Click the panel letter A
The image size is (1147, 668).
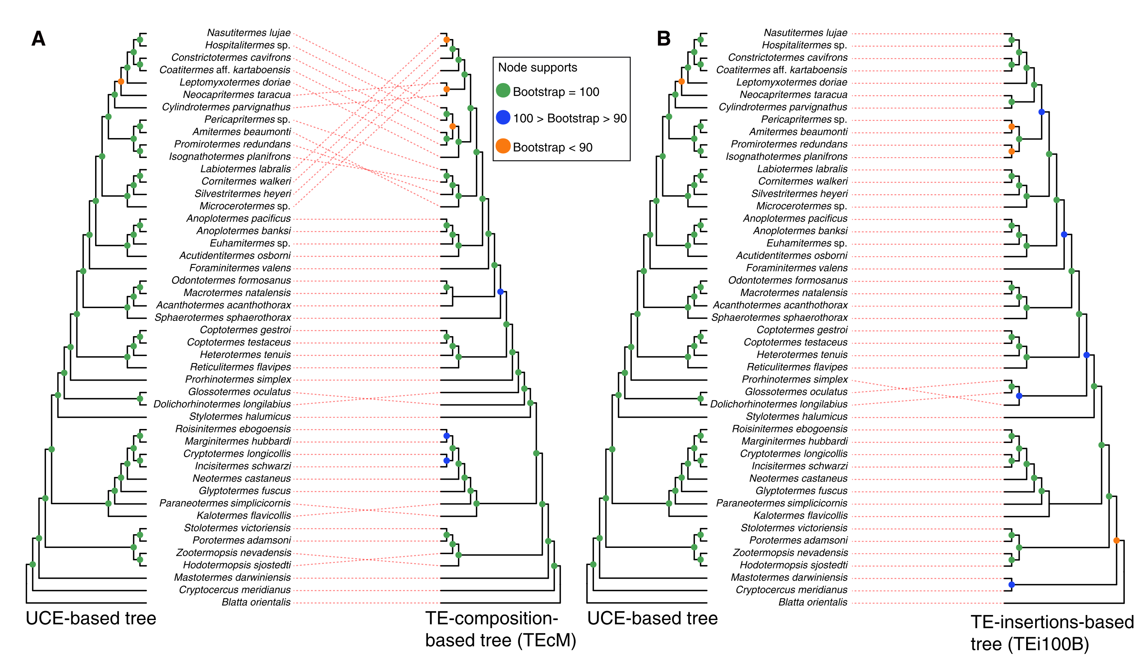click(x=38, y=39)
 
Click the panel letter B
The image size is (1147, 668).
click(x=663, y=39)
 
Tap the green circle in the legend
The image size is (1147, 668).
click(x=502, y=90)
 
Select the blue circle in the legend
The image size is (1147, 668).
click(x=502, y=117)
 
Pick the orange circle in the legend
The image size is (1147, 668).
click(x=502, y=146)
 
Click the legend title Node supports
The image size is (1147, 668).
click(x=537, y=67)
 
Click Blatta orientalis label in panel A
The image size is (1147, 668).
click(x=256, y=602)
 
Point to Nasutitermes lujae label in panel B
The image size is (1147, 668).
click(x=805, y=33)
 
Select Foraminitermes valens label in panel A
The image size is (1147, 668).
click(x=240, y=268)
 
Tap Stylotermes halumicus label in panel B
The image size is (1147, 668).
click(x=796, y=416)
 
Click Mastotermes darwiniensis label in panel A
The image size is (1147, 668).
click(x=232, y=578)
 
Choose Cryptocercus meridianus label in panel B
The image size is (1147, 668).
click(x=791, y=590)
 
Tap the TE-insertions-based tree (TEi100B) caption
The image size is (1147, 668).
click(x=1052, y=633)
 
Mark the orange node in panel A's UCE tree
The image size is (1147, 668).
click(x=120, y=82)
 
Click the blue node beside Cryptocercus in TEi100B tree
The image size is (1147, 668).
click(x=1011, y=584)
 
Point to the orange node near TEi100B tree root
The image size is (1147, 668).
click(x=1116, y=540)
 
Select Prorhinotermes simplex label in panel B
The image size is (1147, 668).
click(x=794, y=379)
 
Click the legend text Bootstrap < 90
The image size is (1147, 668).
click(x=552, y=147)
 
